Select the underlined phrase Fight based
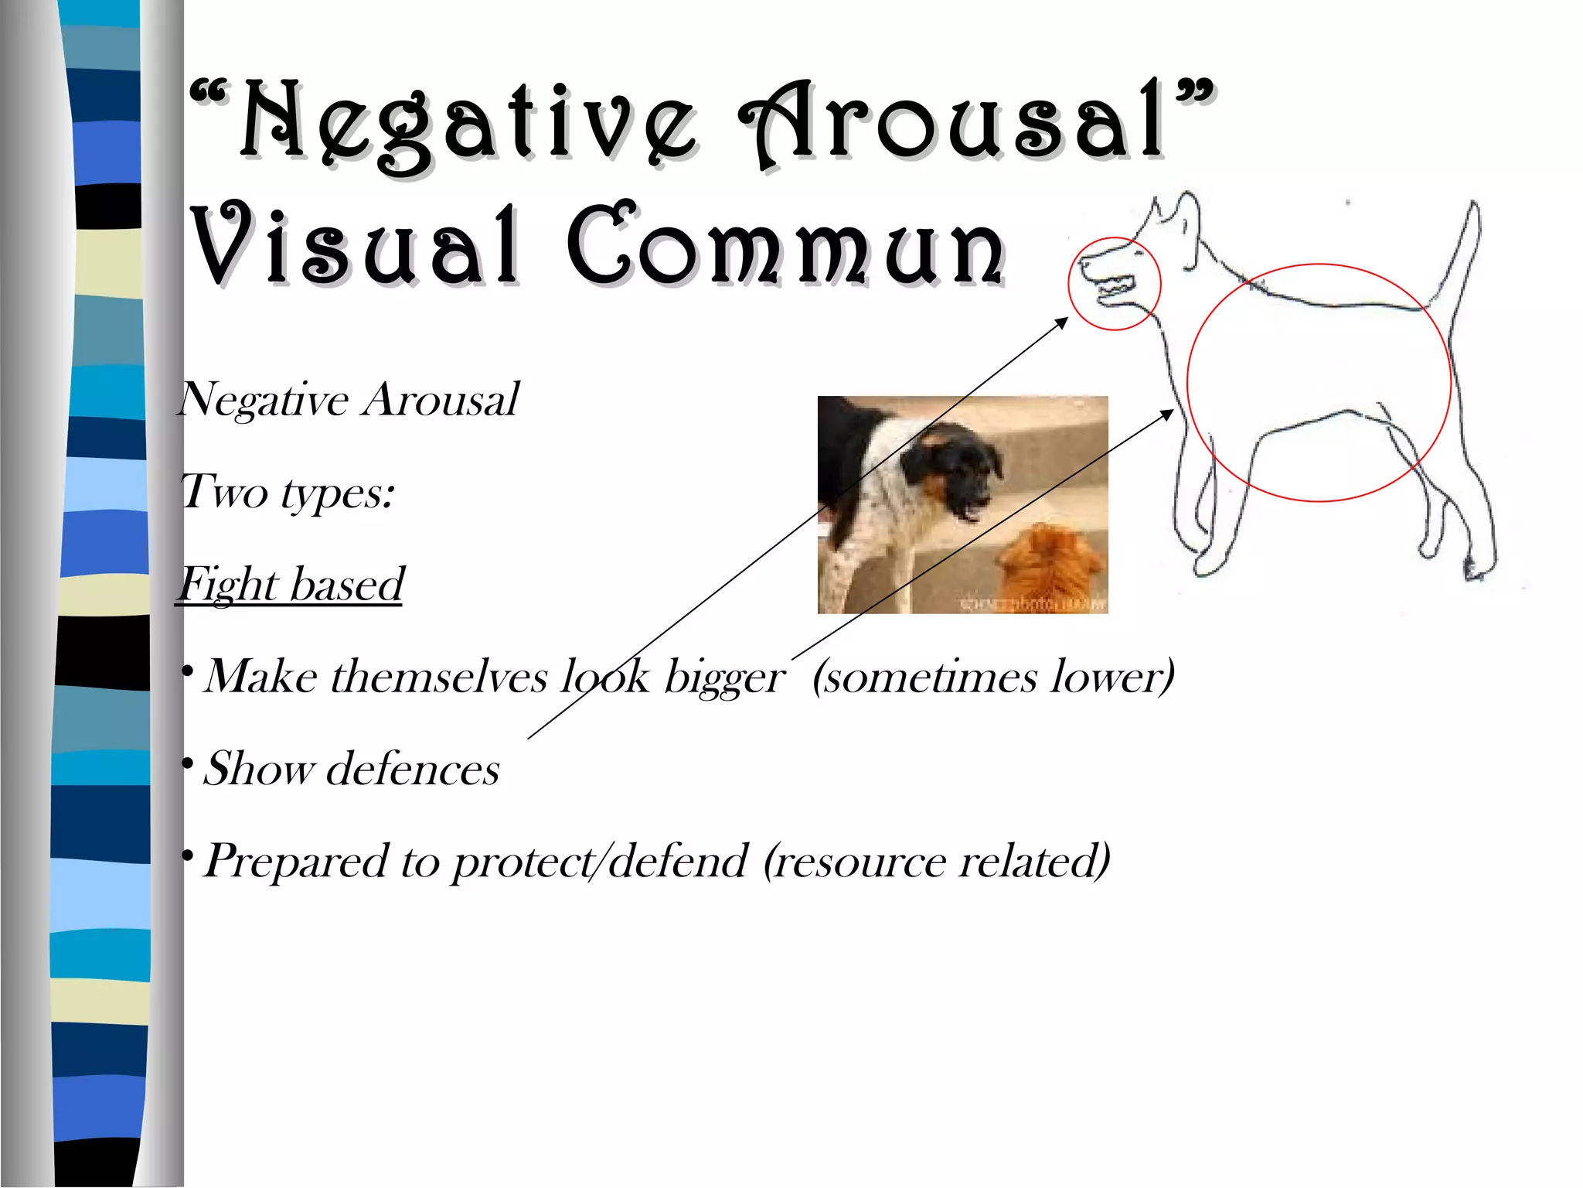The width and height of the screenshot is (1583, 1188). tap(291, 585)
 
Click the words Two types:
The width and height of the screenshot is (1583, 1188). tap(287, 492)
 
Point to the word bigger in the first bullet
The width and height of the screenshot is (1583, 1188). tap(725, 678)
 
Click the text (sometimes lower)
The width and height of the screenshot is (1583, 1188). tap(993, 678)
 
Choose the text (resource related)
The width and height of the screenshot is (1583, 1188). tap(937, 861)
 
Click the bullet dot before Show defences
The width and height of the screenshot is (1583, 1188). tap(186, 765)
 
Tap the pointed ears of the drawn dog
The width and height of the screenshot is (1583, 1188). tap(1175, 213)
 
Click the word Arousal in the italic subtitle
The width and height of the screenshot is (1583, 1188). tap(441, 400)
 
